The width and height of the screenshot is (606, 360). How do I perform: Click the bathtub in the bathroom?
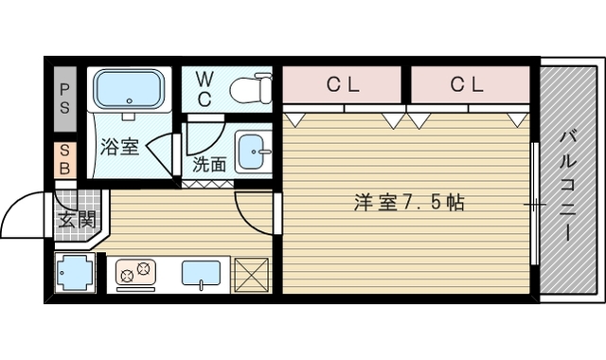131,93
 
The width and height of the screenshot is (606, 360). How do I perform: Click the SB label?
64,158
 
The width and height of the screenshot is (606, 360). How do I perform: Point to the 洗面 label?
209,163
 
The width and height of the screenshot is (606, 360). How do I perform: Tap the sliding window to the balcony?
536,205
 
